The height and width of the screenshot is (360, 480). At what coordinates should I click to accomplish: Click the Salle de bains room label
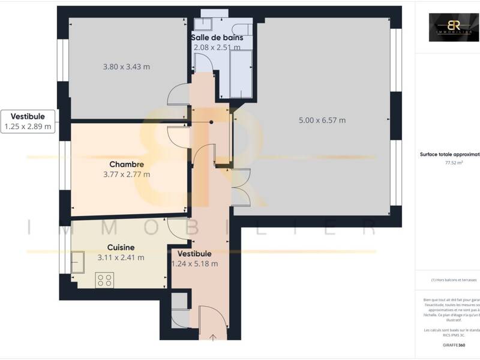217,37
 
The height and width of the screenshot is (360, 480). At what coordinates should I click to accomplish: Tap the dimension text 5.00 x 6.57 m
322,120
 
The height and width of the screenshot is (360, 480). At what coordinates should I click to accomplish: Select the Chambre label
127,164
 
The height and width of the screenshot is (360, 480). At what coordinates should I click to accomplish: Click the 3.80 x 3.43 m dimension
127,67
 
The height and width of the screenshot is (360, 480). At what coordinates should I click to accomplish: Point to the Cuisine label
121,247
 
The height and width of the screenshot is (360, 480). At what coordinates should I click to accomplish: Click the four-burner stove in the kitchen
106,279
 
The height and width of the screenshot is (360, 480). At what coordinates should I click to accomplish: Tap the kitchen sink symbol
77,263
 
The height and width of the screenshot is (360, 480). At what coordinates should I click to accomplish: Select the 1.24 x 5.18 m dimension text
194,263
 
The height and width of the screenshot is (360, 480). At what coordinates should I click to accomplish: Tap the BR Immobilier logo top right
454,28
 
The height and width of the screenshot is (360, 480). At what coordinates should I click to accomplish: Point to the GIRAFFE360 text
453,346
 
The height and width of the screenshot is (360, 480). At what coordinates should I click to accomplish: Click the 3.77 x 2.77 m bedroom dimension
127,175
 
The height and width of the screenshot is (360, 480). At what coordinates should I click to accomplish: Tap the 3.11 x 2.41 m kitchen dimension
121,257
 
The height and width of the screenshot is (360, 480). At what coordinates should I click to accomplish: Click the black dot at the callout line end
211,122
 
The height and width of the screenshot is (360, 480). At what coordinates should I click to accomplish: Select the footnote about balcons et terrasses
453,280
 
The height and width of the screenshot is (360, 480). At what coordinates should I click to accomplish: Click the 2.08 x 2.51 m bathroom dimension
217,47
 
